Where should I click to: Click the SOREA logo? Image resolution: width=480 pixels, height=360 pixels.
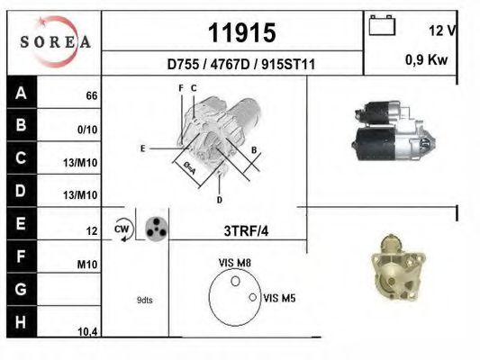pyautogui.click(x=55, y=41)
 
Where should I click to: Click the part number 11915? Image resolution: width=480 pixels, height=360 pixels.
pyautogui.click(x=242, y=32)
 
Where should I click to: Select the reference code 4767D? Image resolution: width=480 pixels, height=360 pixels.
pyautogui.click(x=231, y=64)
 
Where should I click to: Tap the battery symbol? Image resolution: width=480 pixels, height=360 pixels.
pyautogui.click(x=382, y=25)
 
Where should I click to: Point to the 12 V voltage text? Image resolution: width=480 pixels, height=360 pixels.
pyautogui.click(x=442, y=31)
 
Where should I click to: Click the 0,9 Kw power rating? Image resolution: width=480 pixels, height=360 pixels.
pyautogui.click(x=427, y=59)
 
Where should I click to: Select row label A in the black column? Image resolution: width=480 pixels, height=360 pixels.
pyautogui.click(x=21, y=93)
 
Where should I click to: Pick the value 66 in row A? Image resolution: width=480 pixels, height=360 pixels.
pyautogui.click(x=92, y=95)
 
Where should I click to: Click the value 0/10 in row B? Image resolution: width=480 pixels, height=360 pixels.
pyautogui.click(x=87, y=130)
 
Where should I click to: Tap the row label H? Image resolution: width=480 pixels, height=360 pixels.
pyautogui.click(x=21, y=322)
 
